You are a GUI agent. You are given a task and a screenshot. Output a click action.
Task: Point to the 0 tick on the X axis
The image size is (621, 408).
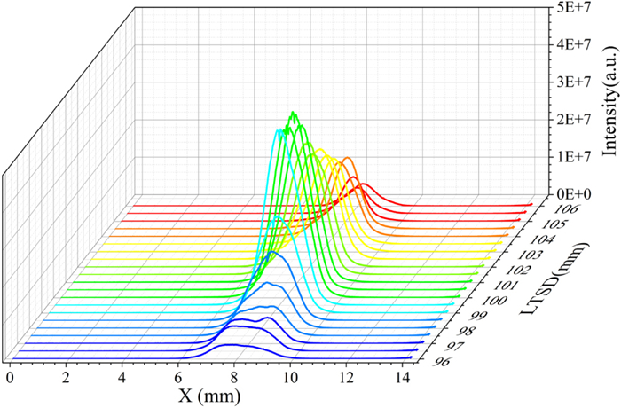click(x=10, y=376)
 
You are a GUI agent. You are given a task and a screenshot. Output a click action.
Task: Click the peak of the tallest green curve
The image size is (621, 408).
click(x=293, y=112)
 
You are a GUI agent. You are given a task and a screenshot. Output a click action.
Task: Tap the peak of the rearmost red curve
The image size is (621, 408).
click(x=363, y=184)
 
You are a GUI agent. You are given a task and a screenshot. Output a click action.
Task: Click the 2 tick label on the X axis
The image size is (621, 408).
click(x=66, y=376)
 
